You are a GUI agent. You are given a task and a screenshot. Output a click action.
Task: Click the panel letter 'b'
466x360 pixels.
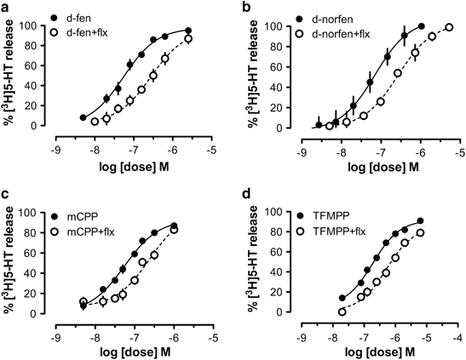[x=247, y=7]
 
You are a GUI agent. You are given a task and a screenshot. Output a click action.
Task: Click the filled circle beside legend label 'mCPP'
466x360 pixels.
[x=55, y=217]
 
